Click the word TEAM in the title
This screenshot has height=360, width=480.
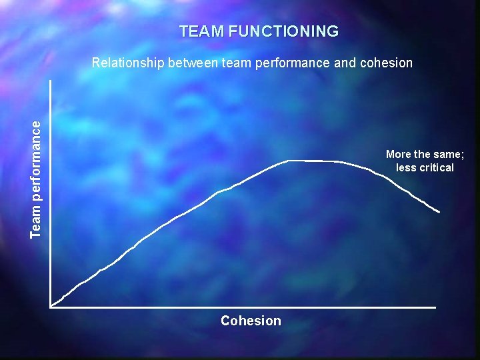coord(201,31)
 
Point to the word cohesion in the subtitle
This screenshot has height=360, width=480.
coord(386,63)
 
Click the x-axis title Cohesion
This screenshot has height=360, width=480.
coord(251,321)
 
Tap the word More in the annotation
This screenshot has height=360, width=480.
coord(399,154)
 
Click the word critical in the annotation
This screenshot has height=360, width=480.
coord(435,167)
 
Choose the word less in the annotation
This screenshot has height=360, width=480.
coord(405,167)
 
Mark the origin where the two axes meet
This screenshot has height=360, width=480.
coord(51,307)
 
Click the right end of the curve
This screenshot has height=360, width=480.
coord(439,212)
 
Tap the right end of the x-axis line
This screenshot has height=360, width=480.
coord(435,307)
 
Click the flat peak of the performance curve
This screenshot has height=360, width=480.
coord(313,161)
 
